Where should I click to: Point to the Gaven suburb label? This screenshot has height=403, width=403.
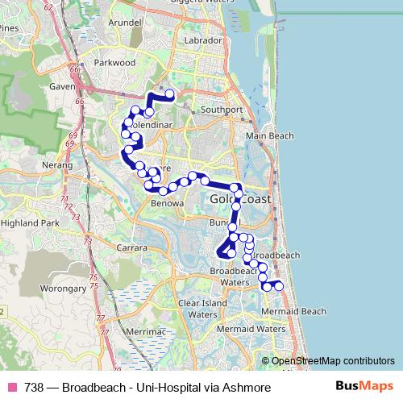[x=61, y=86]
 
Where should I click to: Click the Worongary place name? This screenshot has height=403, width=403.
[x=63, y=287]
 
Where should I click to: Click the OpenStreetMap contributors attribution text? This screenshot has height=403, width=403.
[x=333, y=361]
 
